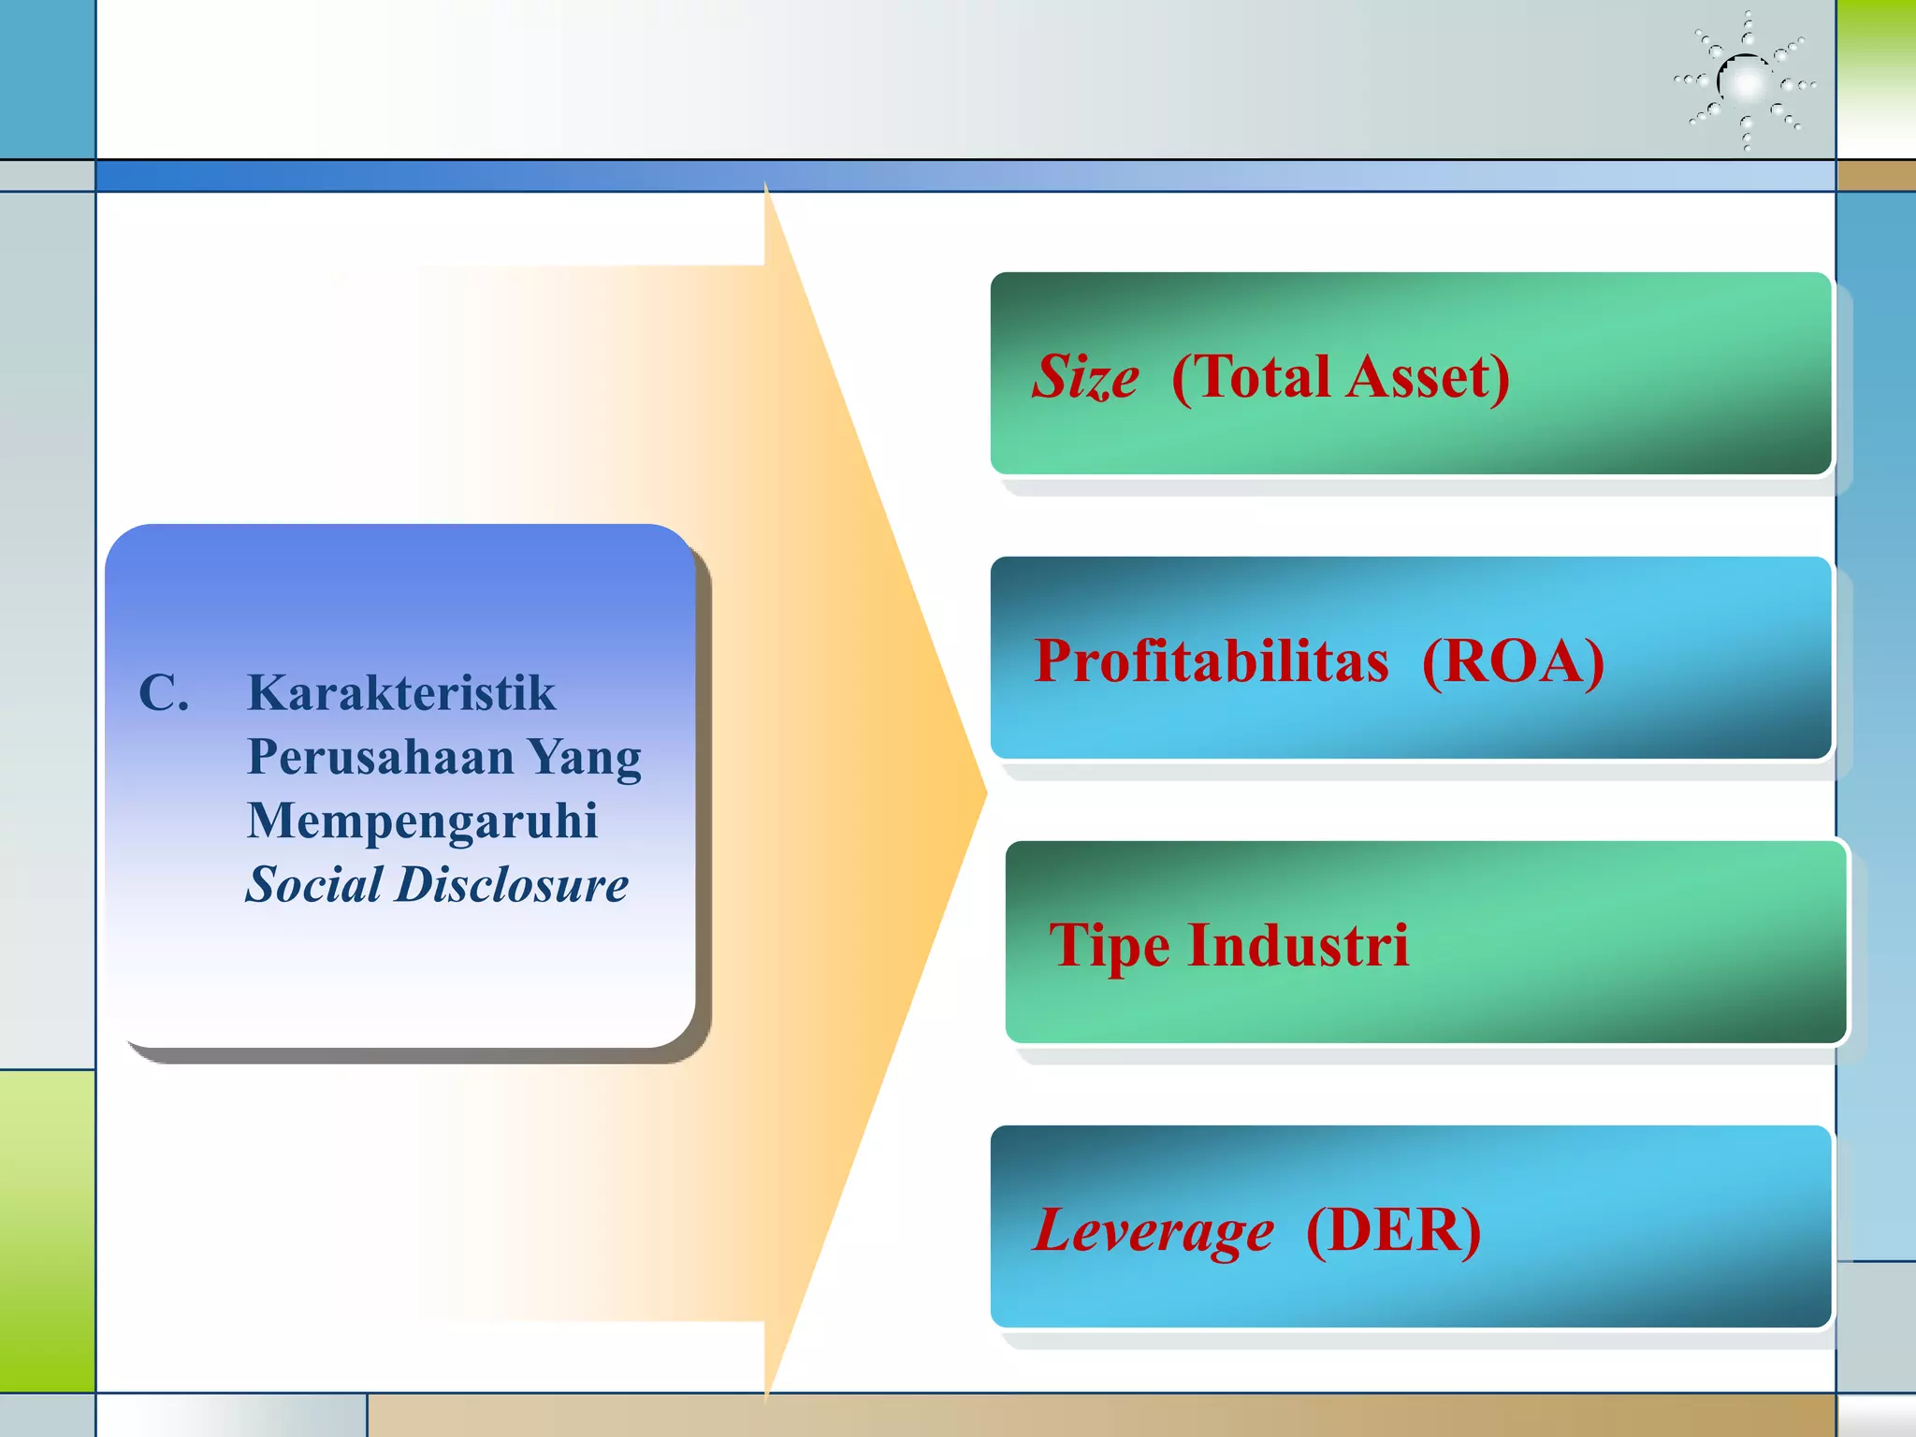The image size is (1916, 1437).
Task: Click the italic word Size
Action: coord(1085,378)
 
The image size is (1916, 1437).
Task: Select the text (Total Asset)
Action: coord(1340,378)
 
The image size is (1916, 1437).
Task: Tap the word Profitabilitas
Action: coord(1212,661)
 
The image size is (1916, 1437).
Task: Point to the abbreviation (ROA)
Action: coord(1513,661)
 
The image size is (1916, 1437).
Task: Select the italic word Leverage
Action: coord(1153,1231)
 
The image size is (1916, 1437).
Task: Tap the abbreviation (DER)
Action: coord(1393,1230)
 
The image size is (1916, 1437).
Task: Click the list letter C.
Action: coord(163,694)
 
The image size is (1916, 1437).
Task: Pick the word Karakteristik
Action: coord(401,693)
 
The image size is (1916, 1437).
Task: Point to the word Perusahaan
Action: coord(380,757)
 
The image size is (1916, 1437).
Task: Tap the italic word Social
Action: coord(314,885)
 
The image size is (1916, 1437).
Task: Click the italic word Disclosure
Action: coord(512,885)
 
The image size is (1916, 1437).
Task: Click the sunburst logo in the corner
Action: coord(1745,82)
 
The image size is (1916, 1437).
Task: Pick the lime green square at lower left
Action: coord(47,1230)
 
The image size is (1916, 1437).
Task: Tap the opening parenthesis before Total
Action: coord(1182,378)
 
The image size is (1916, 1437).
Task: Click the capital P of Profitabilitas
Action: coord(1052,661)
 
